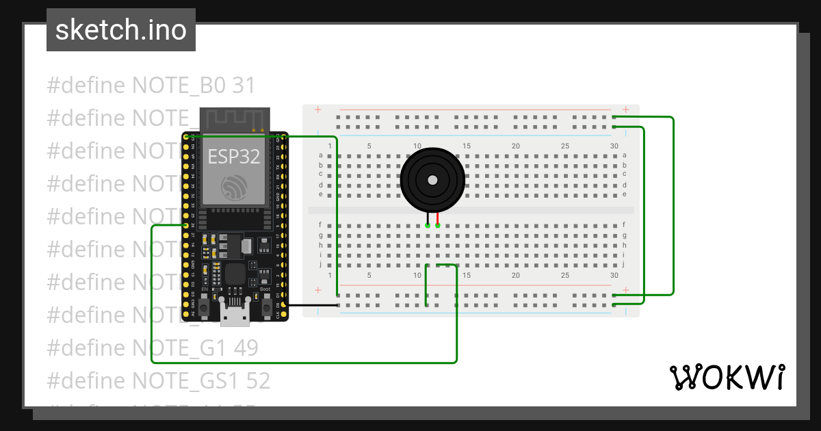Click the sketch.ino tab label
tap(121, 30)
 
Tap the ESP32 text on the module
tap(234, 157)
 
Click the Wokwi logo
tap(727, 377)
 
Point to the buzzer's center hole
tap(432, 180)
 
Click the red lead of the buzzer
tap(437, 219)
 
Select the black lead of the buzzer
tap(428, 219)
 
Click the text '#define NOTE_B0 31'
tap(151, 86)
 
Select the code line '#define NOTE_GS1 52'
tap(158, 380)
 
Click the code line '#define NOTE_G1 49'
tap(152, 348)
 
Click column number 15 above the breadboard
tap(467, 146)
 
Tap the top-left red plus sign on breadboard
tap(317, 109)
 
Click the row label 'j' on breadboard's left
tap(320, 264)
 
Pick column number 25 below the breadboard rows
tap(565, 275)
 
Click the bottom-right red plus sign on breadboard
tap(625, 289)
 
